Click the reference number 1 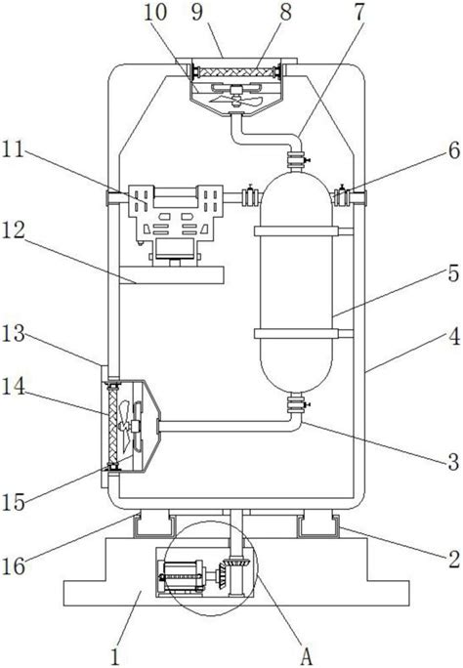pos(116,656)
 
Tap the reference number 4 pos(453,337)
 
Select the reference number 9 pos(197,12)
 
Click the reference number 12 pos(15,231)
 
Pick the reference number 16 pos(14,565)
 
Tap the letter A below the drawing pos(306,656)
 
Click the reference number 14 pos(15,388)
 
